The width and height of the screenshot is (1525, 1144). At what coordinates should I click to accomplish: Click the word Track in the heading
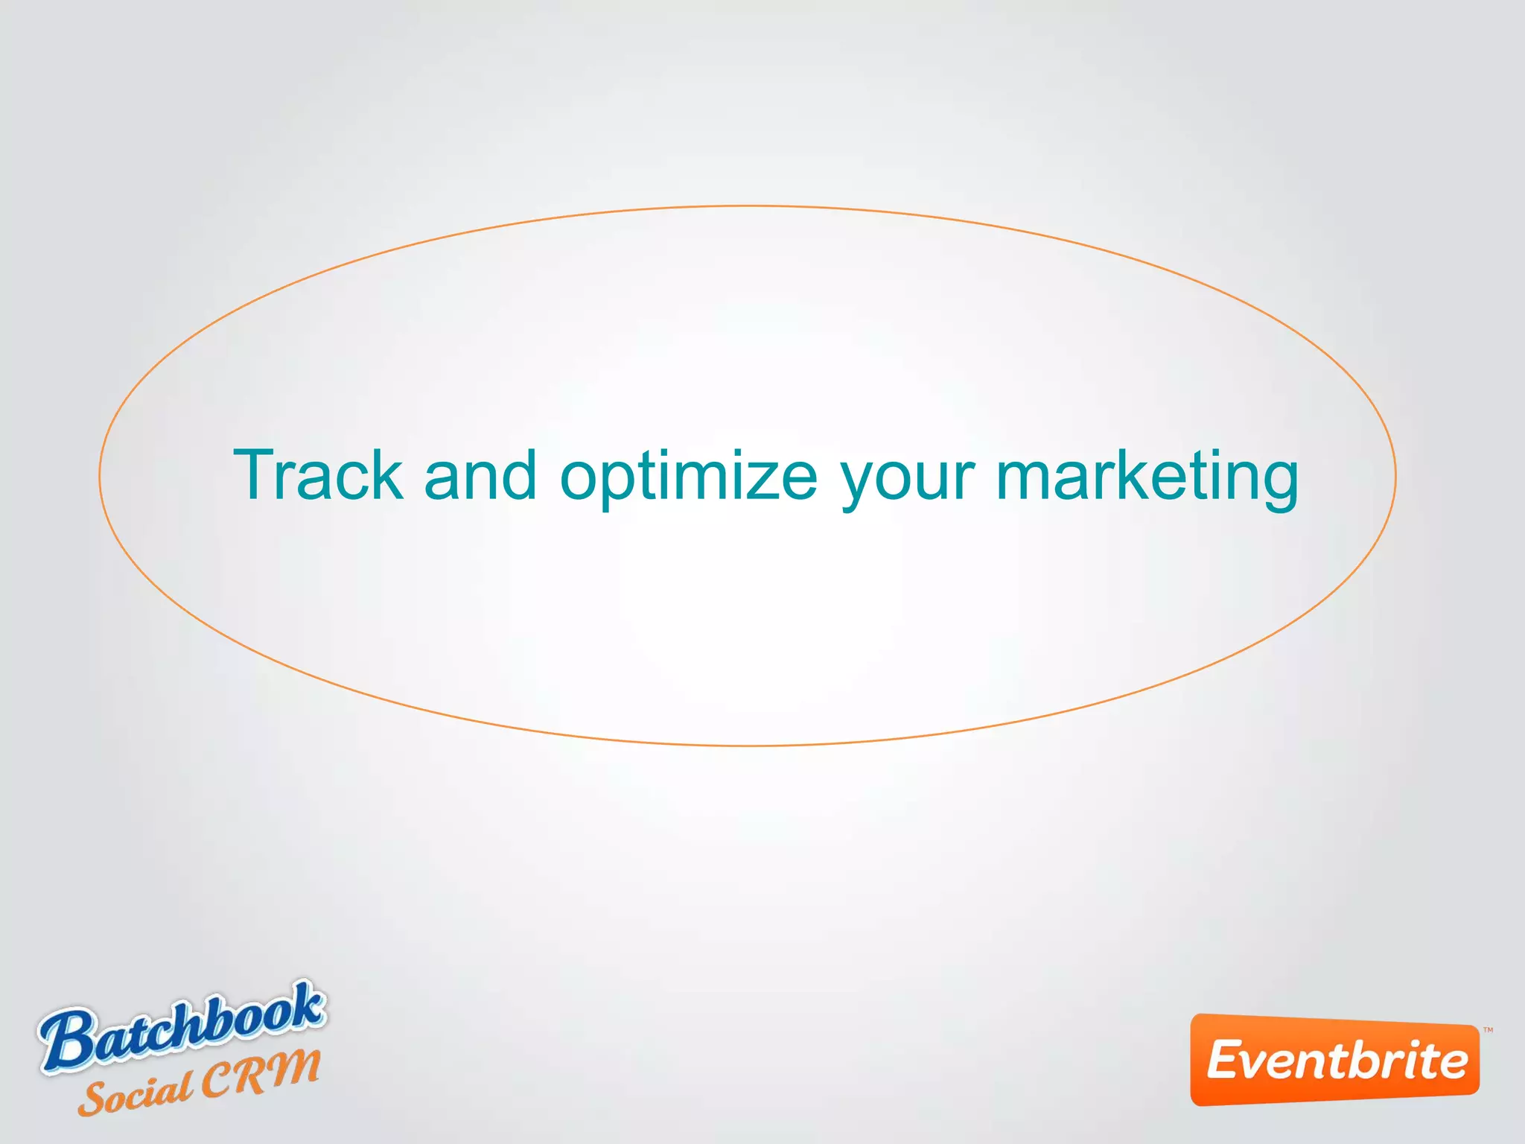click(x=319, y=474)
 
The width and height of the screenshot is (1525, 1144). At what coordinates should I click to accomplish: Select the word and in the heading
click(x=480, y=474)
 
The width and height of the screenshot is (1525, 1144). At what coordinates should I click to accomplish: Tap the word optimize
click(x=689, y=477)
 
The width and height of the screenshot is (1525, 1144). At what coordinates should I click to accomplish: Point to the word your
click(x=908, y=480)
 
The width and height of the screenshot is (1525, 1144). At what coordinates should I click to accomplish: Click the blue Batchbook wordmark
click(x=182, y=1026)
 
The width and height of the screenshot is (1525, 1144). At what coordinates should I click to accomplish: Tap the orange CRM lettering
click(x=261, y=1073)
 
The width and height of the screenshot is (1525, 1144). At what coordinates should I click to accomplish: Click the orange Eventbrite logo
click(x=1335, y=1060)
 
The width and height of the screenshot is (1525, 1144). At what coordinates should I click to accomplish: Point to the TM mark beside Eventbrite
click(x=1488, y=1031)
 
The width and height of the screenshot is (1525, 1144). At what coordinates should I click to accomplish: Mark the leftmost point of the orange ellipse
click(x=100, y=475)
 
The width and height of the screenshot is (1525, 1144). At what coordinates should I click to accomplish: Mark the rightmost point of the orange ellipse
click(x=1396, y=475)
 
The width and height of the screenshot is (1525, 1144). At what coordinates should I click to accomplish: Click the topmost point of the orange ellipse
click(x=748, y=206)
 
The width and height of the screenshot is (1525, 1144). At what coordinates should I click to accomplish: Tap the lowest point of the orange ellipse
click(x=748, y=745)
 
